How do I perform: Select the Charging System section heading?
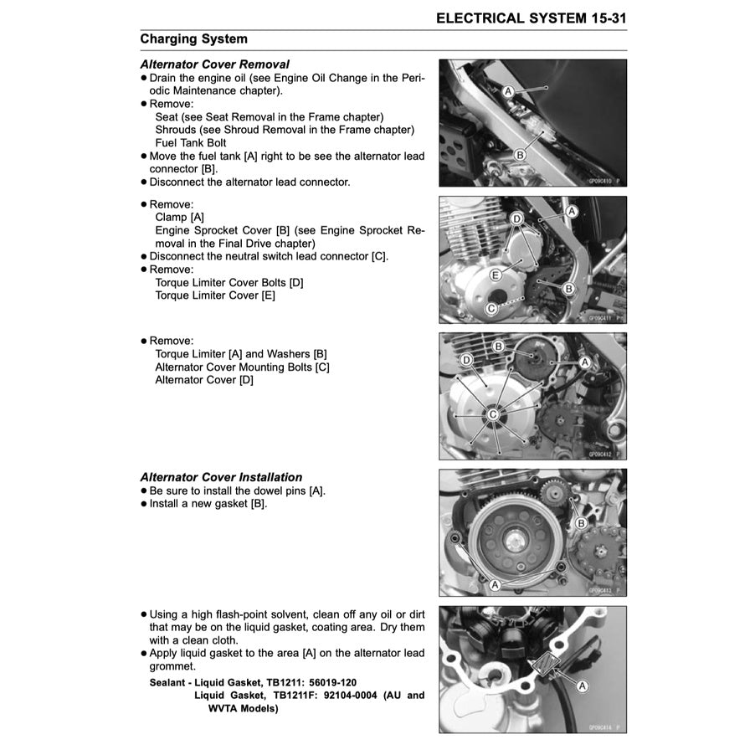coord(193,39)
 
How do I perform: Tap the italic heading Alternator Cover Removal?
coord(214,64)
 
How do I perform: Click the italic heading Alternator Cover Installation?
coord(221,477)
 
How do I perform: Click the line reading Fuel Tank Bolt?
coord(191,142)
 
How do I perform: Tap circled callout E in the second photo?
coord(496,275)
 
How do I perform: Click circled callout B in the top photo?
coord(520,155)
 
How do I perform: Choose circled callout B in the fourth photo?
coord(580,523)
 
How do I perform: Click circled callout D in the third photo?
coord(467,360)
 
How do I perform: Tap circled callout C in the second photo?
coord(493,309)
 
